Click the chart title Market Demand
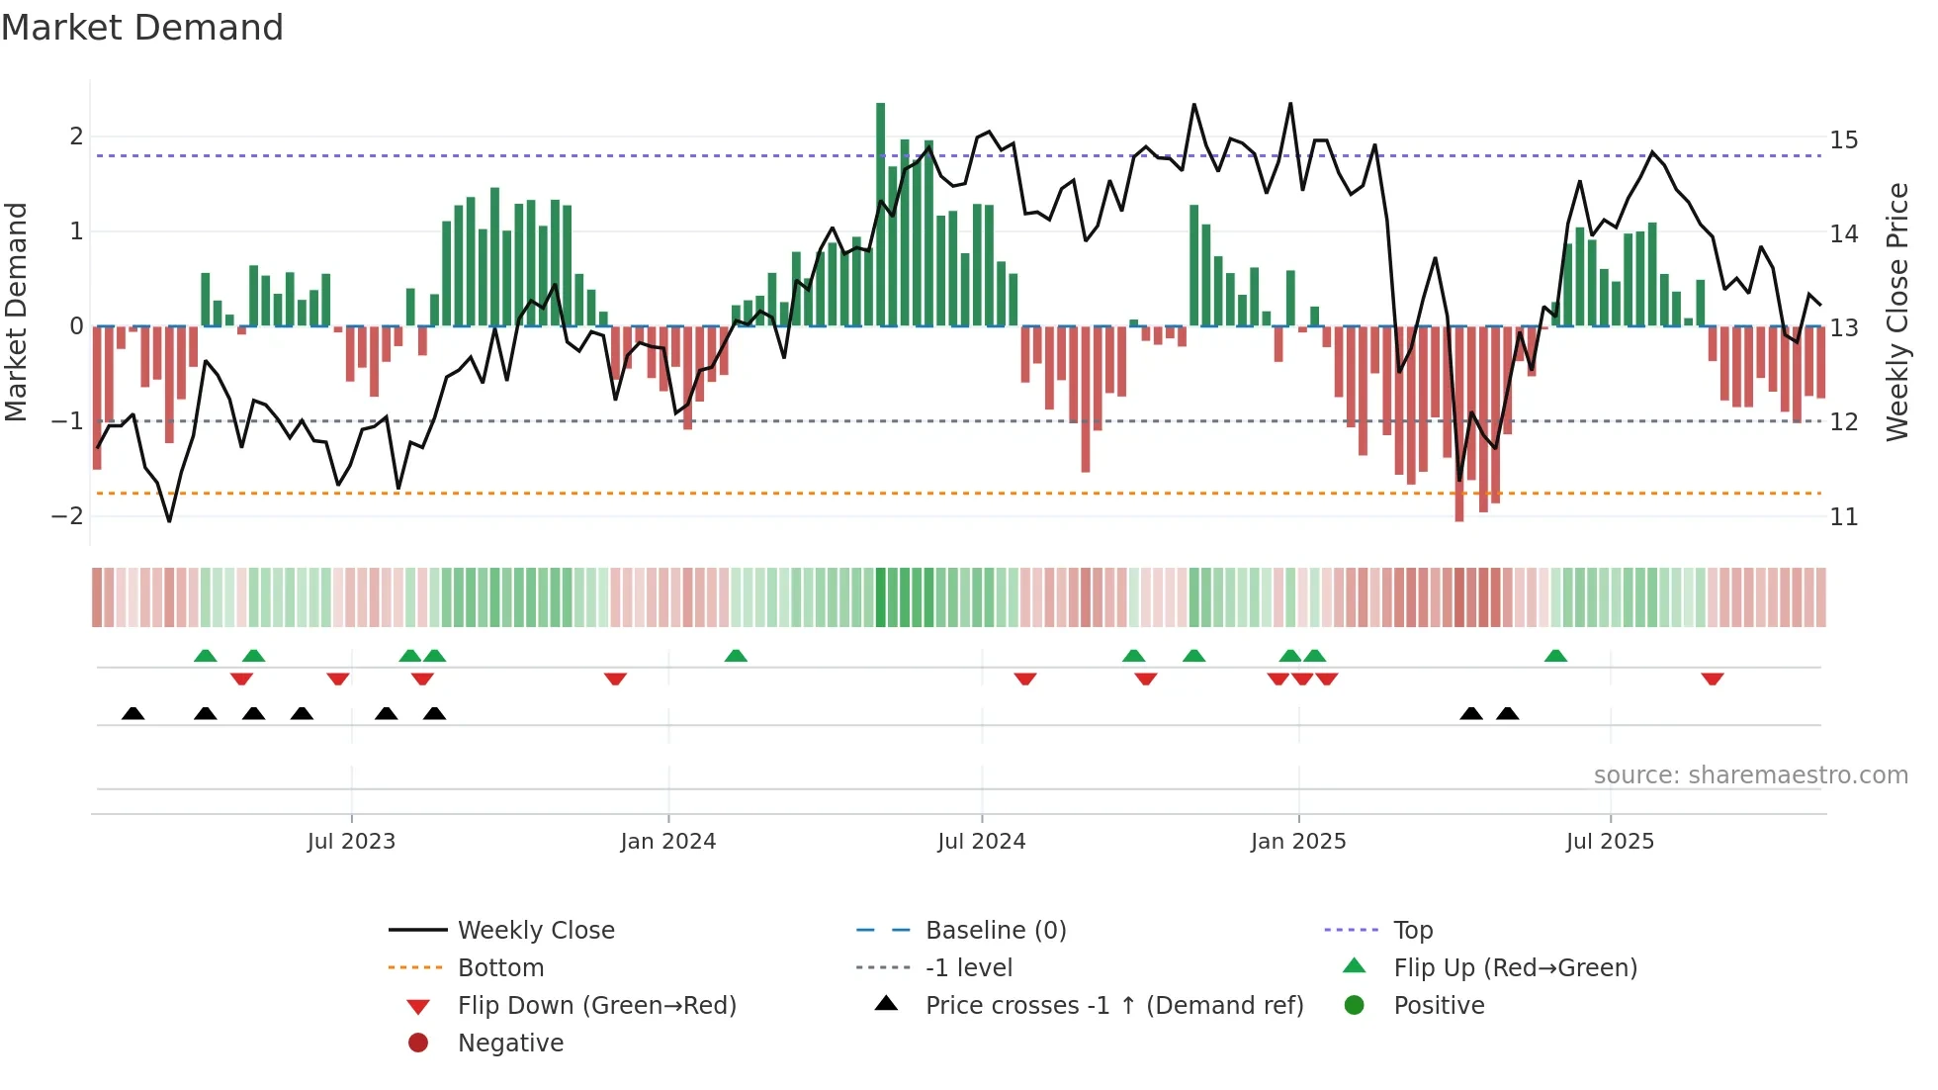[x=142, y=28]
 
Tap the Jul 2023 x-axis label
[x=351, y=842]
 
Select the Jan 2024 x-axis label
[x=667, y=842]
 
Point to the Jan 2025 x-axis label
[x=1297, y=842]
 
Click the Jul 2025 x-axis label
[x=1609, y=842]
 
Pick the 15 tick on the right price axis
[x=1843, y=140]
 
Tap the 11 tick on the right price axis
[x=1843, y=517]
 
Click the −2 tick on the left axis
[x=67, y=516]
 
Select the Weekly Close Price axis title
[x=1896, y=312]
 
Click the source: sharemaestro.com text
[x=1750, y=775]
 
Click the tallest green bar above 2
[x=880, y=213]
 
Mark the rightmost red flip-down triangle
[x=1713, y=679]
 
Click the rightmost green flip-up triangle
[x=1555, y=656]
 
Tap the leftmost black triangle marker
[x=132, y=713]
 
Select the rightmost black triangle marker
[x=1507, y=713]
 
